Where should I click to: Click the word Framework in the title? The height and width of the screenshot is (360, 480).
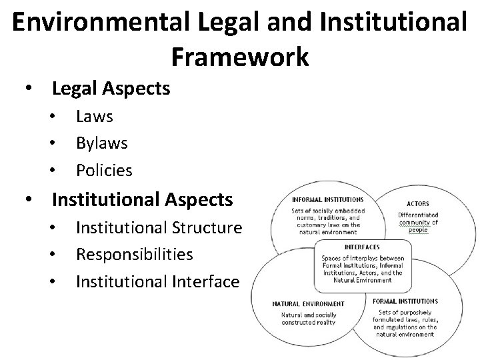pos(240,57)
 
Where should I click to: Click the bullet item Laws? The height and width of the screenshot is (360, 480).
pos(95,117)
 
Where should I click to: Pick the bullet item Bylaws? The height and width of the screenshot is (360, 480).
pos(102,143)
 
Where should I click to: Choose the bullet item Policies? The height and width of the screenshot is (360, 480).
pos(104,171)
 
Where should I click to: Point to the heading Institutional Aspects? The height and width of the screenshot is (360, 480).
pos(142,199)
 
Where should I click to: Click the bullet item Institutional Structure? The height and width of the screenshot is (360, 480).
pos(159,228)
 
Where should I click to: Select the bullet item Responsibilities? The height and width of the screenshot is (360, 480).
pos(135,255)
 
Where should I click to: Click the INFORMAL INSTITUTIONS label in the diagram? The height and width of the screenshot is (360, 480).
pos(328,199)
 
